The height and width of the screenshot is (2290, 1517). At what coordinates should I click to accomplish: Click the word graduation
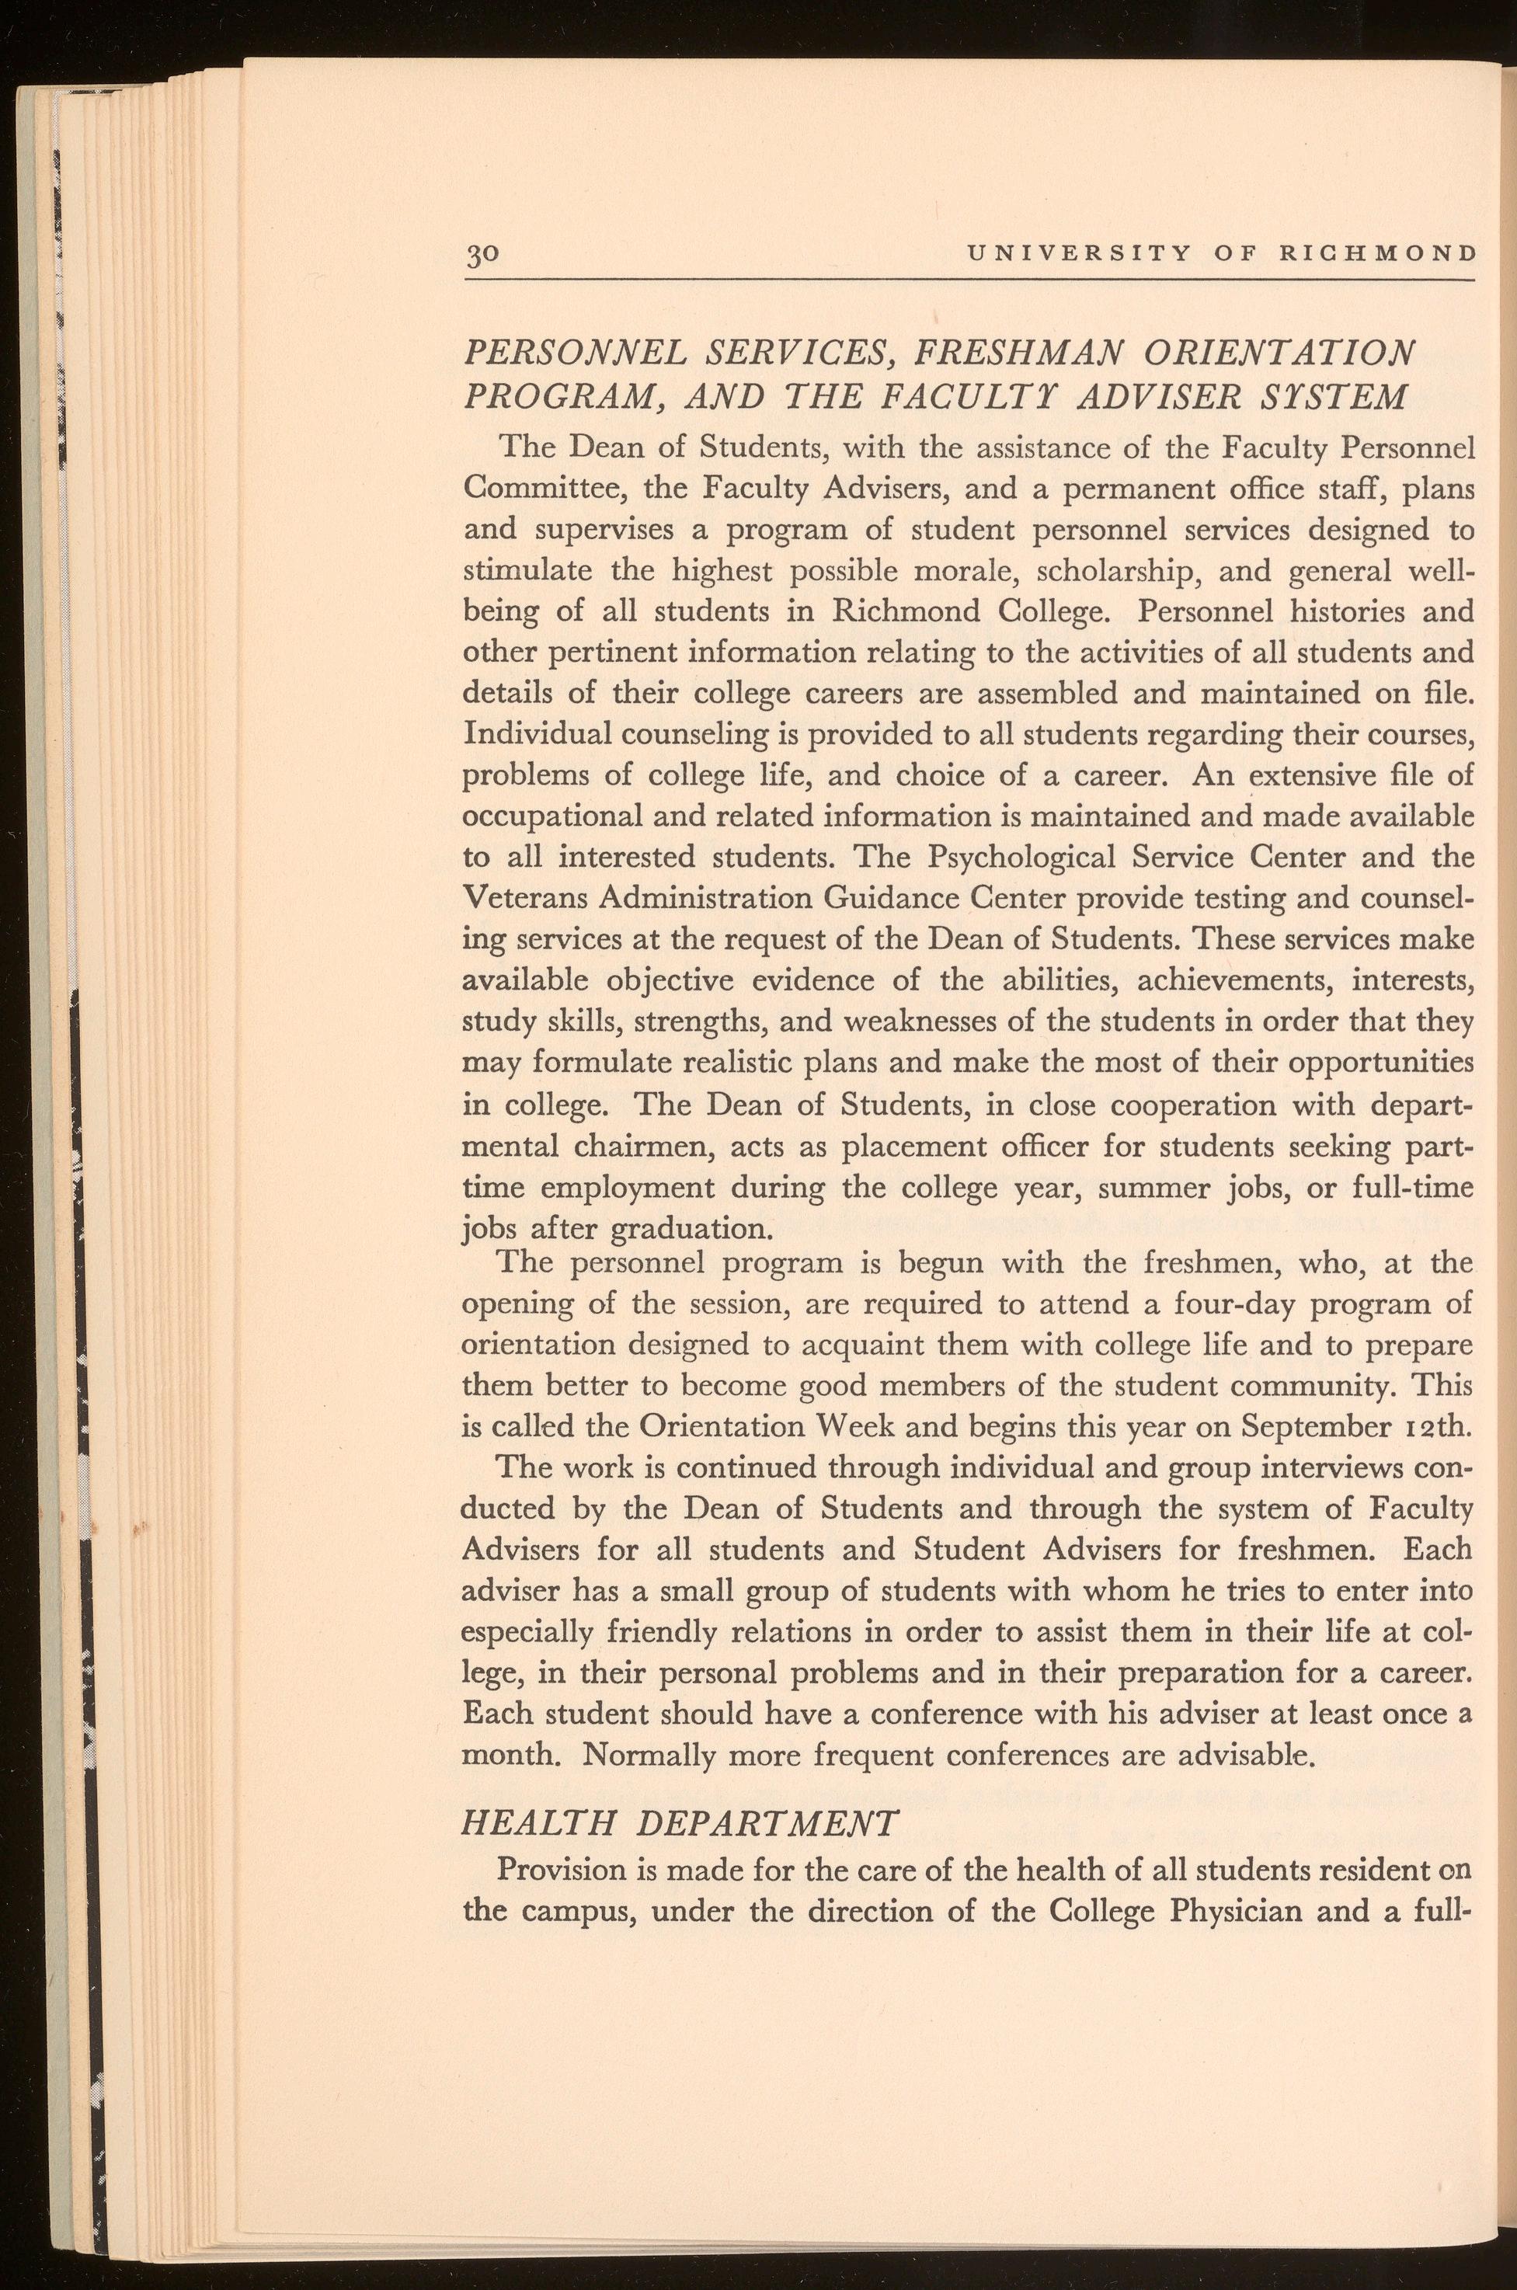(691, 1230)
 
